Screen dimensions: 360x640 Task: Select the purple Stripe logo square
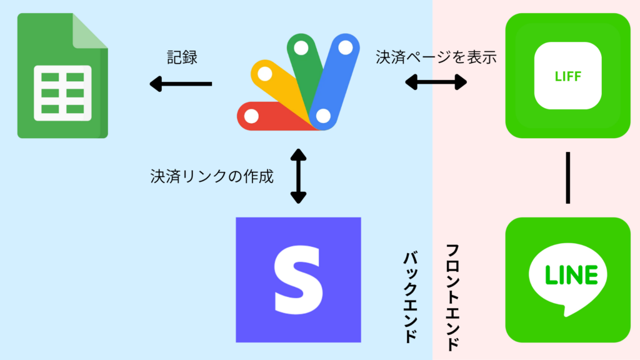tap(298, 279)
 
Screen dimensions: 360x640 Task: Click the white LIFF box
tap(567, 76)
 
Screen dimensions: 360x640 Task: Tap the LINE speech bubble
tap(567, 276)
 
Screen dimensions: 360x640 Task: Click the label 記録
tap(182, 57)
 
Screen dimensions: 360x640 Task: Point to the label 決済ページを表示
tap(436, 57)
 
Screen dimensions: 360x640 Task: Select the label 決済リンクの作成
tap(211, 176)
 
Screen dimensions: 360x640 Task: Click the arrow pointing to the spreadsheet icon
tap(180, 82)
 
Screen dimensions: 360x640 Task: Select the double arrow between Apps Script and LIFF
tap(436, 81)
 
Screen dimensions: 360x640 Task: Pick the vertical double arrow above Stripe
tap(299, 176)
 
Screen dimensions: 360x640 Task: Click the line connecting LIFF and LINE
tap(567, 177)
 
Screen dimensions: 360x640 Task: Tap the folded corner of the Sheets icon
tap(91, 31)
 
